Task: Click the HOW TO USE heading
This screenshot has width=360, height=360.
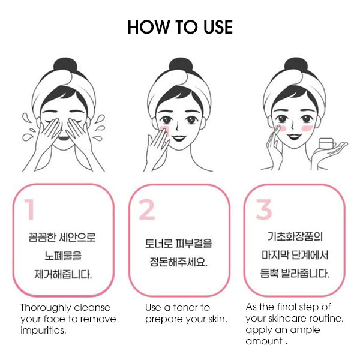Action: point(180,27)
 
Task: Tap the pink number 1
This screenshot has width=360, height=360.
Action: point(30,209)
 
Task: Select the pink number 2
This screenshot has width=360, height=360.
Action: point(147,209)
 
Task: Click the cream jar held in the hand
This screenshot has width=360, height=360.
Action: point(327,144)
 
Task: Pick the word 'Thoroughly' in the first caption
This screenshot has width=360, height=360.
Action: point(46,308)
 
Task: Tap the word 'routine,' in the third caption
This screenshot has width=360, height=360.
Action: point(328,318)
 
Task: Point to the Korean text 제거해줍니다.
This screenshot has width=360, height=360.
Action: point(64,275)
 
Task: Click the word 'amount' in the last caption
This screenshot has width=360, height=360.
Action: point(264,341)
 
